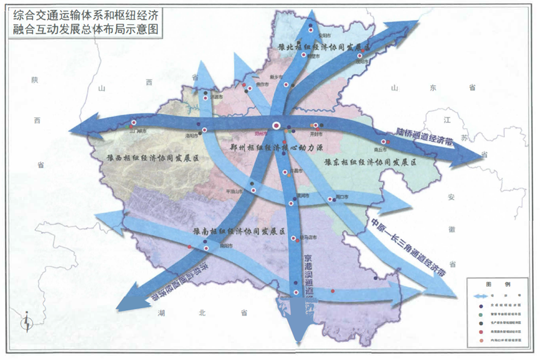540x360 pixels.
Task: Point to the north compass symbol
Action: (26, 323)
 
